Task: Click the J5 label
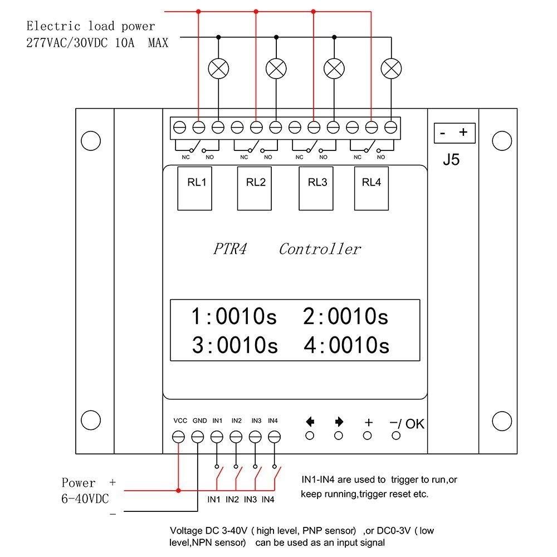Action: pos(451,160)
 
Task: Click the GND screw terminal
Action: pos(198,437)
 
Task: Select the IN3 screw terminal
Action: pos(255,437)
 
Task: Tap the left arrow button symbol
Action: pos(310,422)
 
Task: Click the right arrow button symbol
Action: pos(339,422)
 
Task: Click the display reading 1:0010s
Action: pos(234,317)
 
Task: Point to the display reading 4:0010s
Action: pos(346,345)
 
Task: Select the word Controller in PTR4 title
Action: pos(320,249)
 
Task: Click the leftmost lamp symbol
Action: pos(218,69)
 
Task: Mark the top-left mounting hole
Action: pos(90,141)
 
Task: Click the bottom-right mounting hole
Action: pos(502,419)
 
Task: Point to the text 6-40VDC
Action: pos(85,497)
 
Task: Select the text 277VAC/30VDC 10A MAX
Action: pos(97,43)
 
